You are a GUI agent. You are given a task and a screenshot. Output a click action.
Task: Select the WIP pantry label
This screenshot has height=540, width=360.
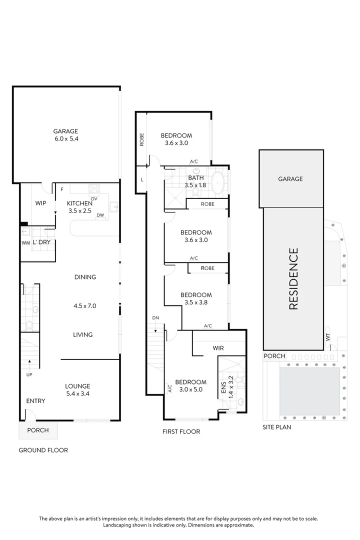pyautogui.click(x=40, y=203)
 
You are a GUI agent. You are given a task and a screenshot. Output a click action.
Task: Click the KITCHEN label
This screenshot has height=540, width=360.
pyautogui.click(x=80, y=203)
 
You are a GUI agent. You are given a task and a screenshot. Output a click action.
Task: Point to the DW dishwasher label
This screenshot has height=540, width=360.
pyautogui.click(x=100, y=215)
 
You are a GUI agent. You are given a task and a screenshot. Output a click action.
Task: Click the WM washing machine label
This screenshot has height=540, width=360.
pyautogui.click(x=25, y=243)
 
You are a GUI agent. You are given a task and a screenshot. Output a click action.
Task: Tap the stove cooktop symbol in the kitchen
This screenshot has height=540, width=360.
pyautogui.click(x=94, y=188)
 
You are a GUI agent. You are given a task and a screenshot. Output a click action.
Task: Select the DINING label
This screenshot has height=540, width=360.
pyautogui.click(x=84, y=277)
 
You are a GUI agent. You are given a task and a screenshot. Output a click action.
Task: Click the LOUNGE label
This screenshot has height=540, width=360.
pyautogui.click(x=77, y=386)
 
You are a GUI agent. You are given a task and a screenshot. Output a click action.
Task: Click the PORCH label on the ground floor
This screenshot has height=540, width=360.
pyautogui.click(x=38, y=430)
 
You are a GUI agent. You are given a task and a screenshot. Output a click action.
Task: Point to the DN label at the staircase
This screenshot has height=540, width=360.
pyautogui.click(x=155, y=318)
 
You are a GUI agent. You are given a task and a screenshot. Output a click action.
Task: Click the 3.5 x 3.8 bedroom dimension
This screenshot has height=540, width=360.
pyautogui.click(x=196, y=302)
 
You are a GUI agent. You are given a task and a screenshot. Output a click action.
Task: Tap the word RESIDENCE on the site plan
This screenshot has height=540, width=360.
pyautogui.click(x=293, y=278)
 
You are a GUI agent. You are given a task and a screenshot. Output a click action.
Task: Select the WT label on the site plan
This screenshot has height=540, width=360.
pyautogui.click(x=328, y=337)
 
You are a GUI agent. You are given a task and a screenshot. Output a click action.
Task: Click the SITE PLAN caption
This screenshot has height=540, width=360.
pyautogui.click(x=277, y=427)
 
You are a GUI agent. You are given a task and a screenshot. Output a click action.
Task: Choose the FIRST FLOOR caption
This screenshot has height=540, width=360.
pyautogui.click(x=181, y=431)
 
